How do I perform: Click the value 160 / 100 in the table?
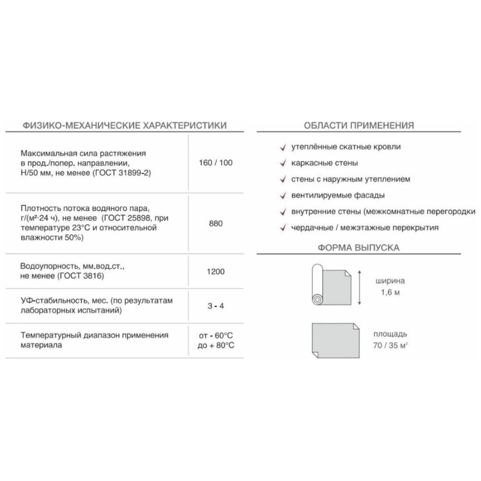[215, 163]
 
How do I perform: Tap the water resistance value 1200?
[215, 272]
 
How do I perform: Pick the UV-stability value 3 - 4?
[215, 305]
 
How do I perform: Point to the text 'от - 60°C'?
[216, 335]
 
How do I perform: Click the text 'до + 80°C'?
[216, 345]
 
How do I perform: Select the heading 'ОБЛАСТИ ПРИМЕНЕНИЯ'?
[359, 126]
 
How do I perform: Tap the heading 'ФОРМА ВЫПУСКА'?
[359, 248]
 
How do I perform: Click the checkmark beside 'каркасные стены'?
[283, 163]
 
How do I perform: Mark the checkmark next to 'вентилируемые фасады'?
[283, 195]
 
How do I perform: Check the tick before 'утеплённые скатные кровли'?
[283, 147]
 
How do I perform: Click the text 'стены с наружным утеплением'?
[351, 179]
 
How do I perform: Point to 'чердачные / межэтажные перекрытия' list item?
[365, 228]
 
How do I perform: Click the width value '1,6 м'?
[390, 292]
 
